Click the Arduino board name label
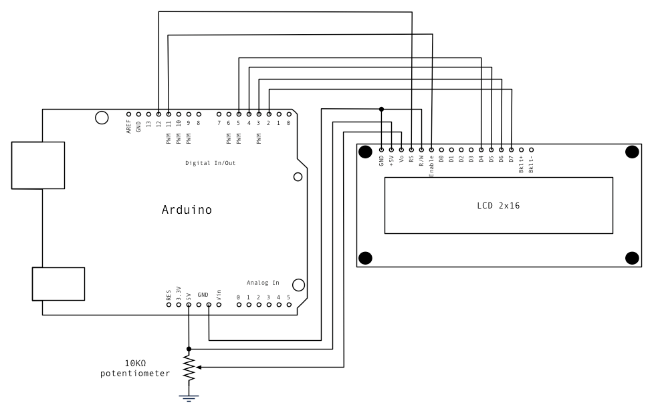pyautogui.click(x=187, y=210)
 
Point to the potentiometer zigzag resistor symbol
pyautogui.click(x=189, y=367)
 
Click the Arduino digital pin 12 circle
pyautogui.click(x=158, y=114)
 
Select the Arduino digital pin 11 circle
pyautogui.click(x=169, y=114)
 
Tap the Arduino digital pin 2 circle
pyautogui.click(x=269, y=114)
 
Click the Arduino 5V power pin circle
pyautogui.click(x=189, y=305)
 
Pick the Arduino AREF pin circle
pyautogui.click(x=128, y=114)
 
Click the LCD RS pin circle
pyautogui.click(x=411, y=150)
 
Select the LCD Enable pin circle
pyautogui.click(x=431, y=150)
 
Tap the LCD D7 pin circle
pyautogui.click(x=512, y=150)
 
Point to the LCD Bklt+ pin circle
pyautogui.click(x=522, y=150)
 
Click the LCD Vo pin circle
pyautogui.click(x=401, y=150)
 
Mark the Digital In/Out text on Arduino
pyautogui.click(x=210, y=162)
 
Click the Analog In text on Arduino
pyautogui.click(x=263, y=283)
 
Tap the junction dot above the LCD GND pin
pyautogui.click(x=381, y=108)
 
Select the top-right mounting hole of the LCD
pyautogui.click(x=632, y=152)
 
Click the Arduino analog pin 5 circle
pyautogui.click(x=289, y=305)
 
